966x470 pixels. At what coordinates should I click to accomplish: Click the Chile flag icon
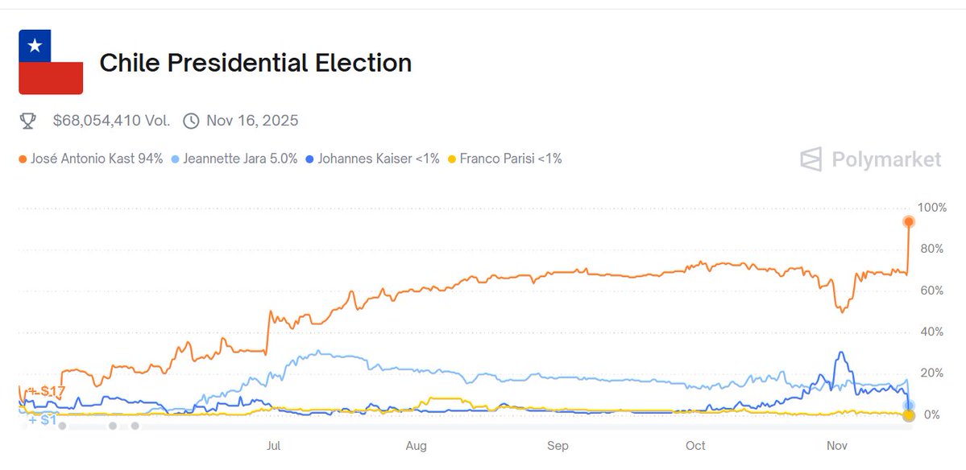[51, 62]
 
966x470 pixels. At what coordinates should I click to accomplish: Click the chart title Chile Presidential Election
[255, 63]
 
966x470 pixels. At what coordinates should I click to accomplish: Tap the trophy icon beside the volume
[28, 121]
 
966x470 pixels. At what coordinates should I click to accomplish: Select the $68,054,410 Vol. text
[111, 121]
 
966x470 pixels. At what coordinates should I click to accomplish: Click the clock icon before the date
[191, 121]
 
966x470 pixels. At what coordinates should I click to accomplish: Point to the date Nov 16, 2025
[252, 121]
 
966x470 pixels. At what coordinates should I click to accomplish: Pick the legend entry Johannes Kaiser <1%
[374, 159]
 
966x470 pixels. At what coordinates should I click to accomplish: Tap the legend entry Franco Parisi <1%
[505, 159]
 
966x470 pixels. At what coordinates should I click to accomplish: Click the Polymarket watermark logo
[870, 159]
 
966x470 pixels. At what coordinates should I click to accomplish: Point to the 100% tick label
[932, 208]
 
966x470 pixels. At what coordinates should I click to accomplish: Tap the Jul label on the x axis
[274, 446]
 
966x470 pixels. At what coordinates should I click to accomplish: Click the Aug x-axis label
[416, 446]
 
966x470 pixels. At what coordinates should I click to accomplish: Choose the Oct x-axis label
[695, 446]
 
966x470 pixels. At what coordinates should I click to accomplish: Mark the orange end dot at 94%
[909, 221]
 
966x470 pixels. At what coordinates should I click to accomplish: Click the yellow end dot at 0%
[909, 415]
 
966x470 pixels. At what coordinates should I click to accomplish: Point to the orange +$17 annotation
[47, 391]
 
